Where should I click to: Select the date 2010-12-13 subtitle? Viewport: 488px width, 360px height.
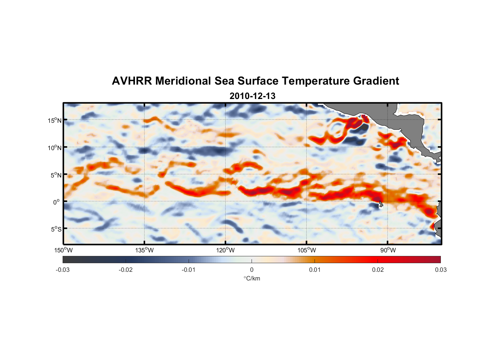click(252, 96)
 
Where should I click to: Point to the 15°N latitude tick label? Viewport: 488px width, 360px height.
click(55, 120)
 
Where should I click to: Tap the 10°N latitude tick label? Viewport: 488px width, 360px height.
click(55, 148)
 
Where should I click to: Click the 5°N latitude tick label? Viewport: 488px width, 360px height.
click(56, 175)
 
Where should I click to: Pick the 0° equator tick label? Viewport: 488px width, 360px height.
click(57, 202)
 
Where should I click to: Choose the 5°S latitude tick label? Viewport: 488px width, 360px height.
click(56, 229)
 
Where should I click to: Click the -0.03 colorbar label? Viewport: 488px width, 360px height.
click(63, 270)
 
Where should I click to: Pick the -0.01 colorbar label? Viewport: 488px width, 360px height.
click(189, 270)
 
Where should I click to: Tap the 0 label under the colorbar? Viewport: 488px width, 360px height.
click(252, 270)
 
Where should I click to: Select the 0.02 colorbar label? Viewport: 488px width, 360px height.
click(378, 270)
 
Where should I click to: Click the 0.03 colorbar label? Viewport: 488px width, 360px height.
click(440, 270)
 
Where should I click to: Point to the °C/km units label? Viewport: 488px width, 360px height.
click(252, 278)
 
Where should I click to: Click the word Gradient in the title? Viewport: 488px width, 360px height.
click(376, 81)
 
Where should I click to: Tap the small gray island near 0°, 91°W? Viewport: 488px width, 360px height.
click(380, 204)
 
